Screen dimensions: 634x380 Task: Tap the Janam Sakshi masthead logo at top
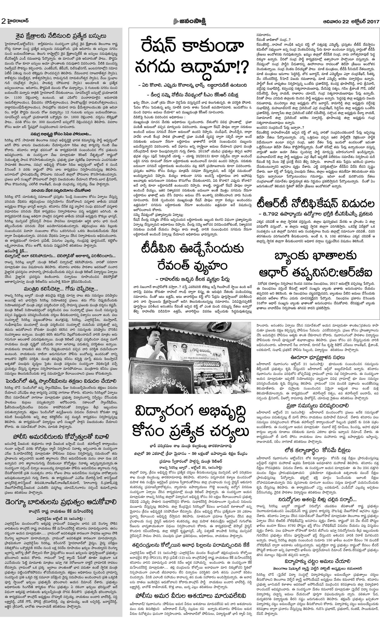tap(190, 22)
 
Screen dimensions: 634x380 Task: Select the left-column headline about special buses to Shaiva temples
tap(60, 35)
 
